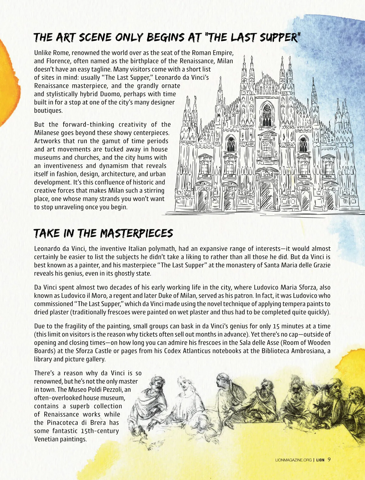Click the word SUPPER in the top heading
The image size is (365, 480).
point(279,37)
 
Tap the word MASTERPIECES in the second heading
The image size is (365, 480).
point(137,234)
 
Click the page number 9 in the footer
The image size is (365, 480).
point(329,460)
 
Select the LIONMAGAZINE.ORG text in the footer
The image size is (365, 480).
point(293,460)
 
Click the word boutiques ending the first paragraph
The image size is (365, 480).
point(48,110)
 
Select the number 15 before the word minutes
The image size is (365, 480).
point(276,326)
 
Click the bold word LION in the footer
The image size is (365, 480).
point(320,460)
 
